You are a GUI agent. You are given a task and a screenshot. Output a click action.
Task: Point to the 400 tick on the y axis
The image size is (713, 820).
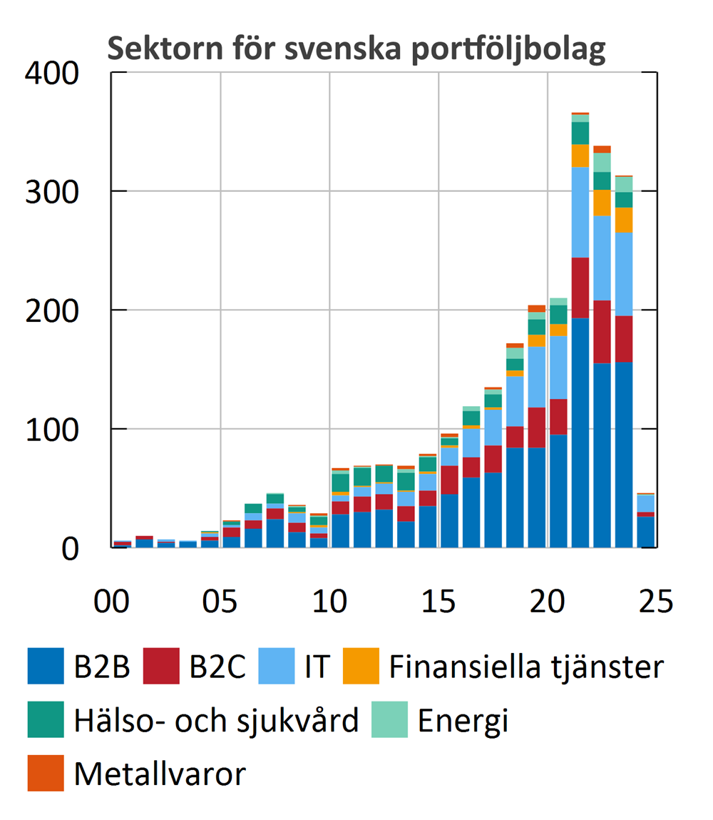(x=53, y=74)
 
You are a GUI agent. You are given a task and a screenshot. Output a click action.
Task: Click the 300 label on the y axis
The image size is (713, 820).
(x=53, y=192)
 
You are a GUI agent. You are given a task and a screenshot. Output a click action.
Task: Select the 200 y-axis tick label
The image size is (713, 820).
(x=53, y=311)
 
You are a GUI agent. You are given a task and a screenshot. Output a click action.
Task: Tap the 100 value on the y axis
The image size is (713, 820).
(x=53, y=430)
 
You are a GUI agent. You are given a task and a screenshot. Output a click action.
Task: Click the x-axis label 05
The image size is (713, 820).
(x=220, y=601)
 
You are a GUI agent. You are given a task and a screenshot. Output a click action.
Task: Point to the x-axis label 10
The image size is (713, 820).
(x=329, y=601)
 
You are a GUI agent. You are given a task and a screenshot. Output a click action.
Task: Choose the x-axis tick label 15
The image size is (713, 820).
(x=438, y=601)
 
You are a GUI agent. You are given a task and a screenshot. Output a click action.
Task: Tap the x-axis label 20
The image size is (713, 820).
(x=547, y=601)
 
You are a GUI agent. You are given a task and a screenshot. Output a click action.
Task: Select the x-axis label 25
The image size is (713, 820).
(x=655, y=601)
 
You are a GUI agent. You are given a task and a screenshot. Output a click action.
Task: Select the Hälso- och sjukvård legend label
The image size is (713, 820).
(x=216, y=721)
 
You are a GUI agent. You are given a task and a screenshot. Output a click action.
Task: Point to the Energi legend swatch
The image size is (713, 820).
(x=390, y=721)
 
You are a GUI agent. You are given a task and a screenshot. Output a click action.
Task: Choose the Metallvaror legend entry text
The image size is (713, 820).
(x=160, y=774)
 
